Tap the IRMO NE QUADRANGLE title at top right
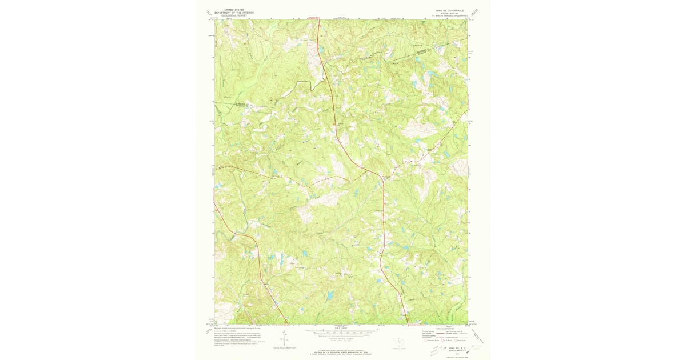452,10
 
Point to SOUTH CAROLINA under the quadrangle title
452,13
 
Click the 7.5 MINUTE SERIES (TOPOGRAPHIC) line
452,15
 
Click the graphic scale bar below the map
341,332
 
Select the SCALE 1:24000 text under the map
341,328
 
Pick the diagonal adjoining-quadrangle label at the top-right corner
475,12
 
